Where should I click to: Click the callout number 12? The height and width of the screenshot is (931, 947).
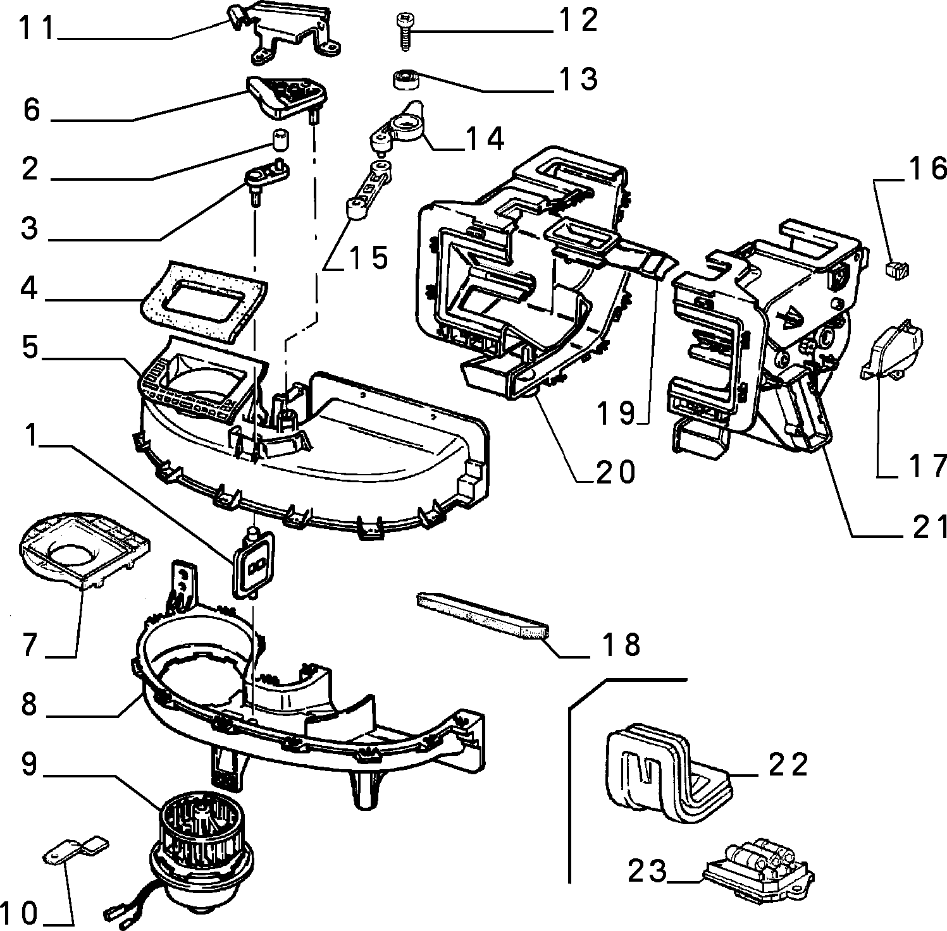tap(577, 21)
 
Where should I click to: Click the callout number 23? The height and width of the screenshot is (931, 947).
tap(647, 872)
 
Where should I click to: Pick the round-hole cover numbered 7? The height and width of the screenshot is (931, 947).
tap(85, 546)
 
